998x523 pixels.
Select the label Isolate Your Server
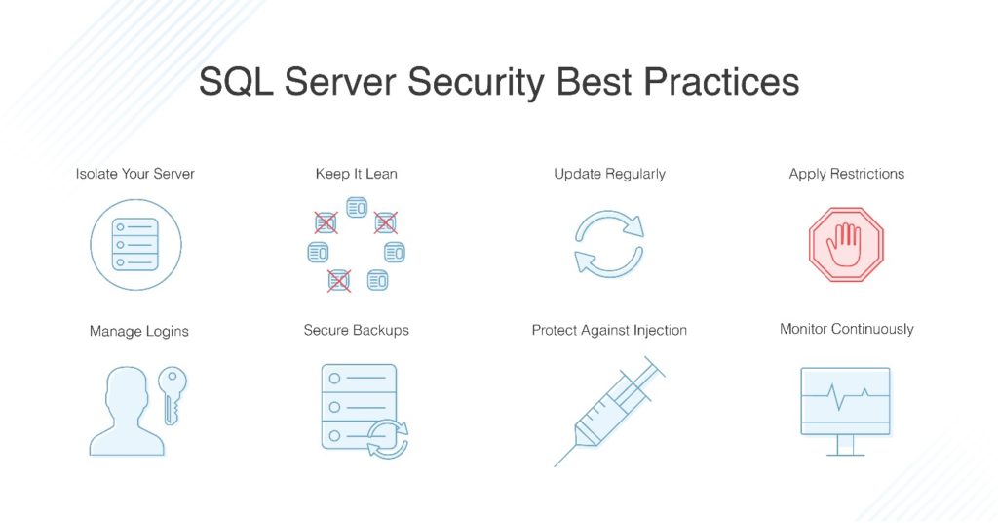point(135,174)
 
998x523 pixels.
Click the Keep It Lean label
point(356,174)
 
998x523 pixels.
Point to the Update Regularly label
point(609,174)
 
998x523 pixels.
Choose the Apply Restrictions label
point(846,174)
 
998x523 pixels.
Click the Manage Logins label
point(138,331)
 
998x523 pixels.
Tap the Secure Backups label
point(356,330)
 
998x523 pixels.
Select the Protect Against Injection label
point(609,330)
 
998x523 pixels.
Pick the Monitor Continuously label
point(846,329)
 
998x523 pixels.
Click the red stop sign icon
point(845,244)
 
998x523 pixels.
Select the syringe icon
point(609,410)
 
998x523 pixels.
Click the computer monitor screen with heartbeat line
point(845,400)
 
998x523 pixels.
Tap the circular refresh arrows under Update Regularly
point(609,244)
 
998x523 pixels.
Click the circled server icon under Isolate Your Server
point(135,244)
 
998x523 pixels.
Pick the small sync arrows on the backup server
point(387,437)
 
